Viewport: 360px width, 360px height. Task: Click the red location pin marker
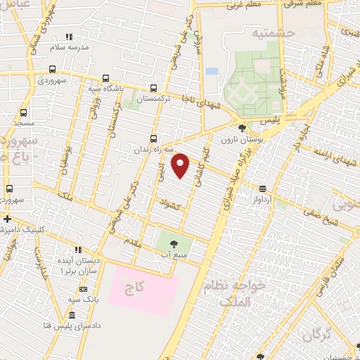tap(181, 165)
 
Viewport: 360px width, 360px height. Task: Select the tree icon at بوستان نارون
tap(243, 128)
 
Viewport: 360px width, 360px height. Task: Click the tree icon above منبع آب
tap(174, 243)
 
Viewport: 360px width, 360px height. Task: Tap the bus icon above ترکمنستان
tap(154, 89)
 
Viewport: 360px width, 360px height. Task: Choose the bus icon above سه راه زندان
tap(154, 139)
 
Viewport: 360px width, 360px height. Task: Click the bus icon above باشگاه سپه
tap(105, 79)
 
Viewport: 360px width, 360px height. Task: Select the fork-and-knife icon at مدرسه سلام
tap(69, 37)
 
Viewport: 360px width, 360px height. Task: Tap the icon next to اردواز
tap(262, 188)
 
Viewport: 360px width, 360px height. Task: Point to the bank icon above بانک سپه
tap(83, 289)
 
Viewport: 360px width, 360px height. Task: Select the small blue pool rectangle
tap(212, 72)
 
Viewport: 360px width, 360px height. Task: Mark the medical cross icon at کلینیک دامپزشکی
tap(6, 219)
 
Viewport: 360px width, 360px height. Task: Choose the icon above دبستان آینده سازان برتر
tap(79, 250)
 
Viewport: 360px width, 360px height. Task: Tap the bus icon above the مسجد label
tap(24, 112)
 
